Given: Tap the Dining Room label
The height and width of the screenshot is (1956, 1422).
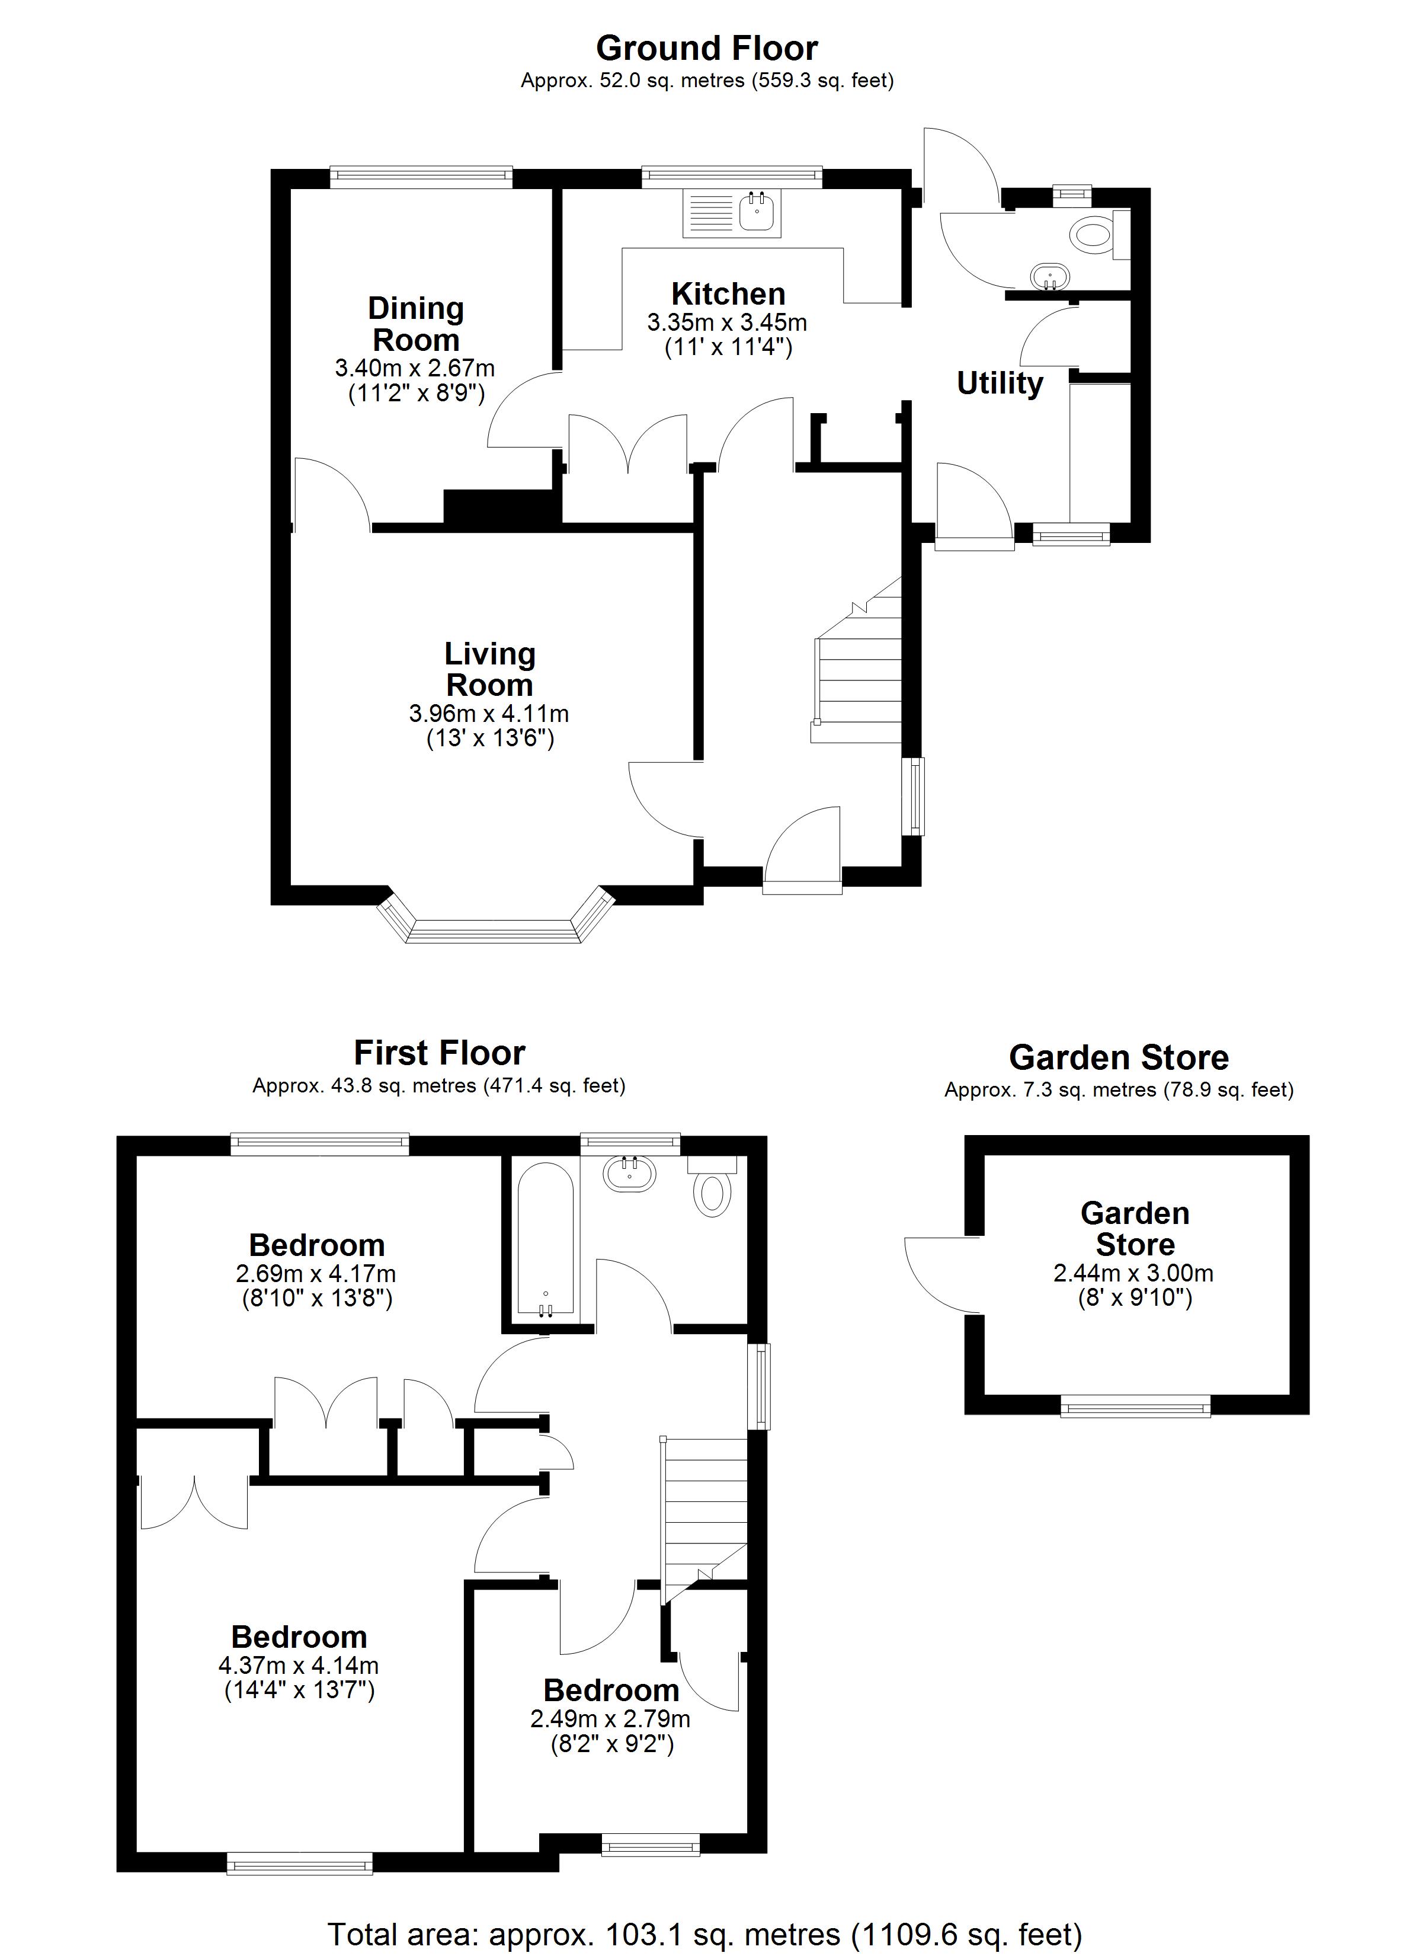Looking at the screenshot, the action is (x=416, y=324).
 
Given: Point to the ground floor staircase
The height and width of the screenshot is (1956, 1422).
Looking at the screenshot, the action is (x=856, y=660).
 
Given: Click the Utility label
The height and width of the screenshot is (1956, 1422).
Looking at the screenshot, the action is (x=1000, y=383).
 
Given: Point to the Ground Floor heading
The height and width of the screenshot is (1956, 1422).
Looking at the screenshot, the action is (x=707, y=48).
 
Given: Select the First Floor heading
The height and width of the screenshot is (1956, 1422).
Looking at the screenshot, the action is (x=440, y=1053).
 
